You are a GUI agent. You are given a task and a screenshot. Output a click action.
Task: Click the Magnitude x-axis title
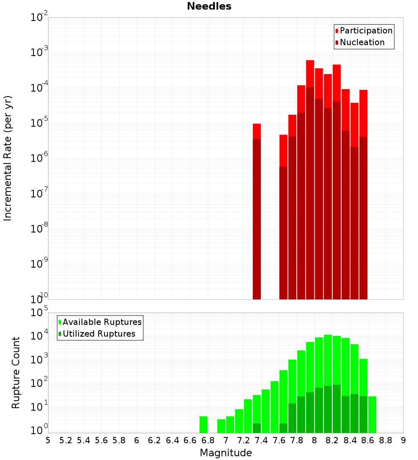pyautogui.click(x=226, y=453)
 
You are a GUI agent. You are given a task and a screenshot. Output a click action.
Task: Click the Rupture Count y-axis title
pyautogui.click(x=16, y=373)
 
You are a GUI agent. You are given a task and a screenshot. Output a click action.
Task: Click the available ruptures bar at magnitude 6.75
pyautogui.click(x=204, y=424)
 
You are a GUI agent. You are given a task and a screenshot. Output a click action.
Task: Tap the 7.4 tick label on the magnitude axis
pyautogui.click(x=261, y=440)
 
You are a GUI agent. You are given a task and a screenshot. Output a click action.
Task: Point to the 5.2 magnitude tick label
pyautogui.click(x=66, y=440)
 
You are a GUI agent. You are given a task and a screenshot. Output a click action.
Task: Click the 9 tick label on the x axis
pyautogui.click(x=403, y=440)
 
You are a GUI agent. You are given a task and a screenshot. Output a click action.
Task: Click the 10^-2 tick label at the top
pyautogui.click(x=38, y=18)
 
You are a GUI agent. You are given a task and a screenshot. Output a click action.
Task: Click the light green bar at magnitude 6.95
pyautogui.click(x=221, y=426)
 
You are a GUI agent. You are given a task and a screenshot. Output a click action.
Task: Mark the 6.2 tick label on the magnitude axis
pyautogui.click(x=155, y=440)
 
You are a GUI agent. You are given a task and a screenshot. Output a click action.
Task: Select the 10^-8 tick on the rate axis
pyautogui.click(x=38, y=229)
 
